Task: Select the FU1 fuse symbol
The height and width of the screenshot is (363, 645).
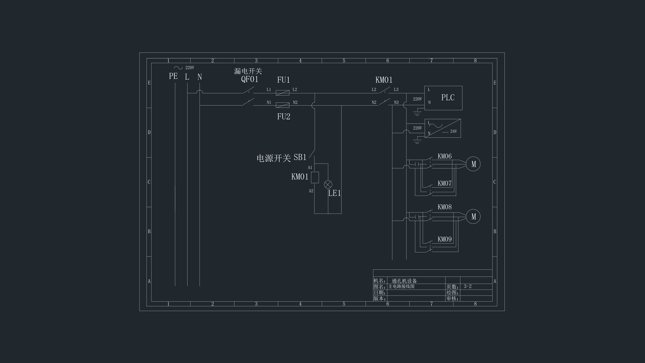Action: (x=282, y=93)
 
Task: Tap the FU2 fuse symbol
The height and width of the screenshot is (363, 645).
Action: (x=282, y=105)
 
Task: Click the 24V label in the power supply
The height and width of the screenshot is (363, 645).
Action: (x=454, y=131)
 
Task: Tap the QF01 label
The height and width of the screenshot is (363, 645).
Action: (x=250, y=79)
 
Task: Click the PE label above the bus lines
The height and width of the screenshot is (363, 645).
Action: (x=173, y=76)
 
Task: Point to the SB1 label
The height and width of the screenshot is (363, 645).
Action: (x=300, y=157)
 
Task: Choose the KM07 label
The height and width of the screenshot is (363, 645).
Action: (x=444, y=183)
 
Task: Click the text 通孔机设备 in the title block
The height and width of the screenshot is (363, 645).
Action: (x=404, y=281)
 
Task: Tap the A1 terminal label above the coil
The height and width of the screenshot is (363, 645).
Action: (x=310, y=168)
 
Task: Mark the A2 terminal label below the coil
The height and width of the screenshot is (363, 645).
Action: (x=311, y=191)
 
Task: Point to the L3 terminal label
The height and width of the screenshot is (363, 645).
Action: (x=396, y=89)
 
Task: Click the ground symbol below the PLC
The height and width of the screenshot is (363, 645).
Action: (x=417, y=113)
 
